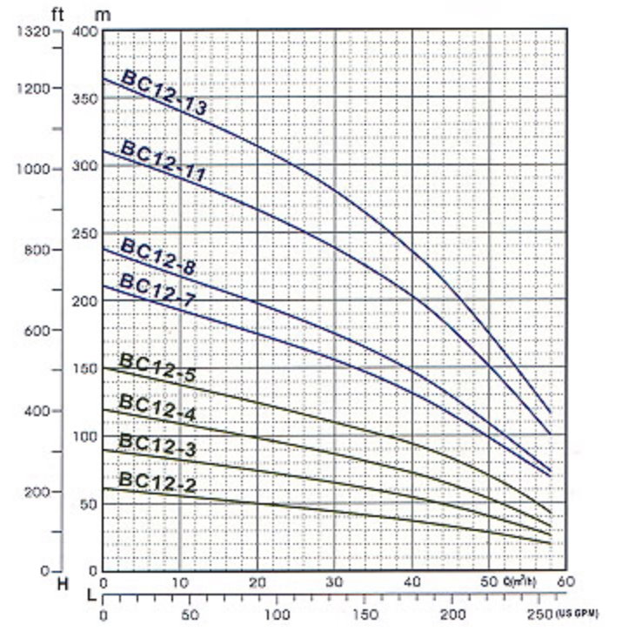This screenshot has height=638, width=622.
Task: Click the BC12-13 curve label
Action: [164, 94]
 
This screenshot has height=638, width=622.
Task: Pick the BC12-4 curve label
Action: [157, 408]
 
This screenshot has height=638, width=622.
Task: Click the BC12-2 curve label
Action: [157, 481]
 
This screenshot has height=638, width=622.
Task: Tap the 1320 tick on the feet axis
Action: [34, 32]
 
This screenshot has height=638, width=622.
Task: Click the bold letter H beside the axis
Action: [62, 583]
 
